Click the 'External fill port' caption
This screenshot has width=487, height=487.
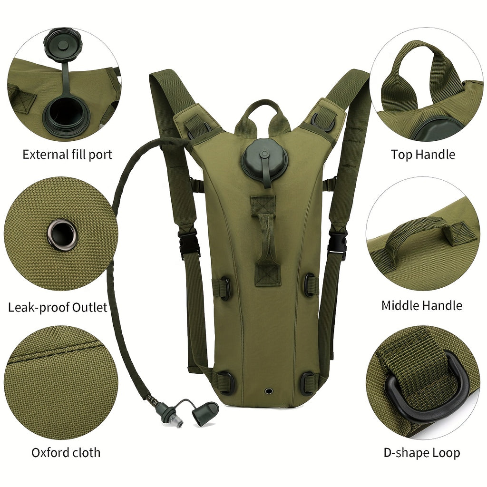click(x=68, y=155)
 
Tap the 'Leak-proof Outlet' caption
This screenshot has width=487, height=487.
click(x=58, y=308)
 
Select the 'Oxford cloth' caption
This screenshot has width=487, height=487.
click(x=66, y=453)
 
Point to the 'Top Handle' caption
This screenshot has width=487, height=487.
click(x=423, y=155)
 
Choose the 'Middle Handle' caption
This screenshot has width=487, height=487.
click(x=422, y=306)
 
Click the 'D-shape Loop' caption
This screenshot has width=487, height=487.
click(x=422, y=453)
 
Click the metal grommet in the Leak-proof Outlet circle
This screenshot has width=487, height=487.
click(x=62, y=234)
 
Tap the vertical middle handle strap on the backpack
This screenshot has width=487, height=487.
click(x=264, y=240)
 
